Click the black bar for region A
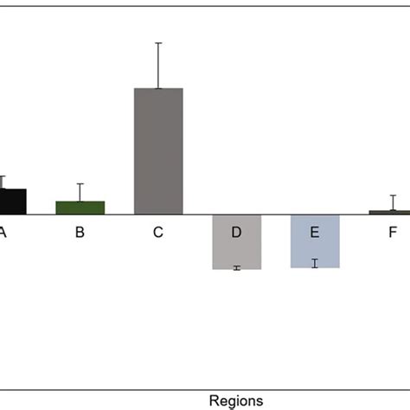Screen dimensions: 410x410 click(12, 202)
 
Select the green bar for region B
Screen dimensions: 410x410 click(80, 208)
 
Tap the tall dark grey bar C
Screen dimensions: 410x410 click(158, 151)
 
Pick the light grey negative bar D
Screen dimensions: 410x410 click(236, 251)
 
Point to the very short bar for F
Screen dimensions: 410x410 click(393, 212)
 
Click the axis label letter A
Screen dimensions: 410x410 click(3, 232)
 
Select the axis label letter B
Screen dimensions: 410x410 click(80, 232)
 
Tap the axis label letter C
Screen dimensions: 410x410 click(158, 232)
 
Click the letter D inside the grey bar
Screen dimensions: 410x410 click(236, 232)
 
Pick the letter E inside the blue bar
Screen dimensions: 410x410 click(315, 232)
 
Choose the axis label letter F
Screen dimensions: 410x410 click(393, 232)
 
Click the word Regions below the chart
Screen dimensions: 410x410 click(236, 400)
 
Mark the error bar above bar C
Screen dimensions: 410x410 click(158, 65)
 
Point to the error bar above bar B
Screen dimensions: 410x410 click(80, 192)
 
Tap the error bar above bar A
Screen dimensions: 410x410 click(3, 182)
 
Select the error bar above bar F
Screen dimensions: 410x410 click(393, 202)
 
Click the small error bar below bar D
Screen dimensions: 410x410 click(236, 268)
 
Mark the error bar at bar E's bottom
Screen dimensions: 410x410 click(315, 263)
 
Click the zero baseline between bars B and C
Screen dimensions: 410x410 click(119, 215)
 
